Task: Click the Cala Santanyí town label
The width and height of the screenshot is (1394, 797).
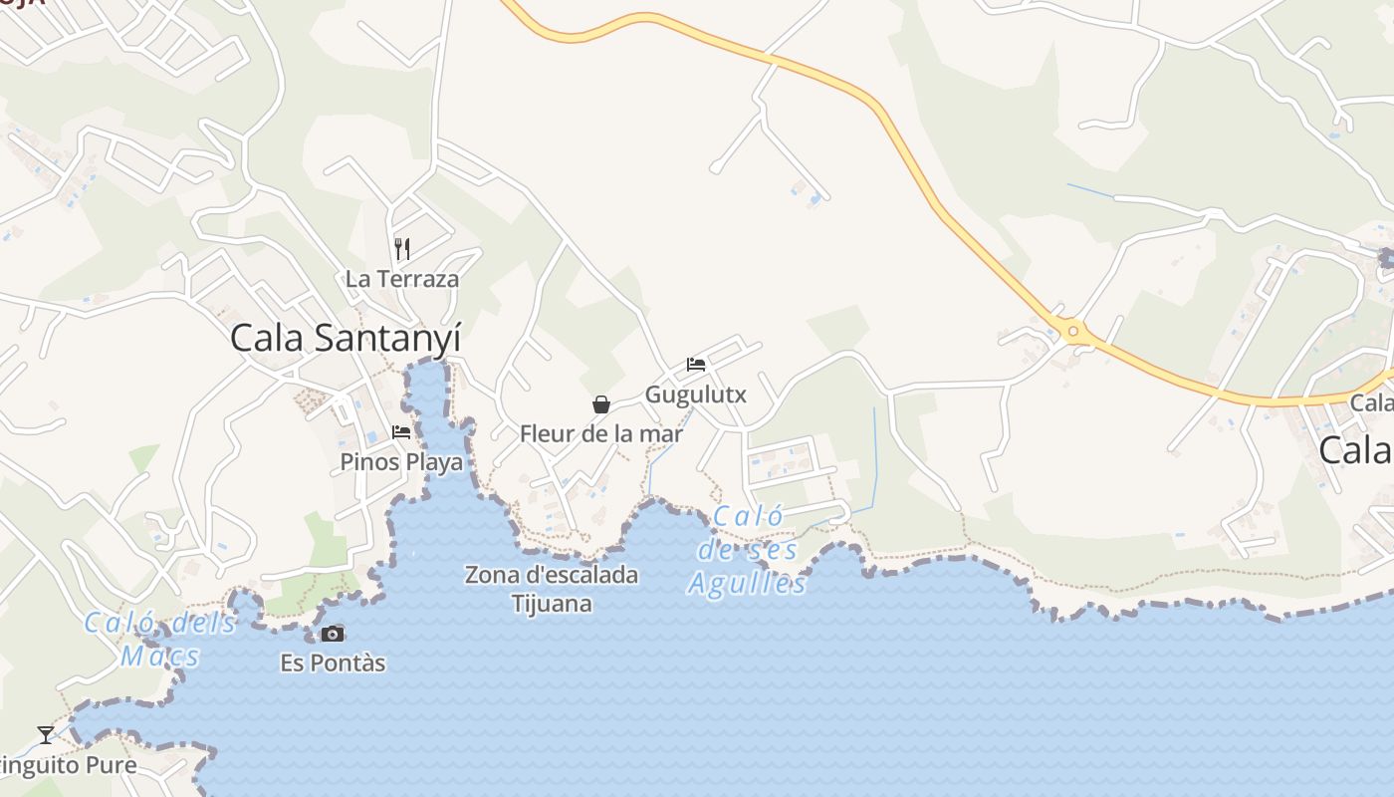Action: (x=346, y=338)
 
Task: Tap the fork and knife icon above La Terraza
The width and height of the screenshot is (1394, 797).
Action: (x=402, y=248)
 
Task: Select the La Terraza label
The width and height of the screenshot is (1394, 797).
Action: (x=402, y=279)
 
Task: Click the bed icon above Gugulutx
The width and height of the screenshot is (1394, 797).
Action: (x=696, y=365)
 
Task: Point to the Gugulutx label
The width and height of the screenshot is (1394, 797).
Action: (x=696, y=395)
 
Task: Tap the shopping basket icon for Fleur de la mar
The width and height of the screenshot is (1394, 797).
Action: (x=601, y=403)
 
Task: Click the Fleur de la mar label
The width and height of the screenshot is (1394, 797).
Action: (x=601, y=434)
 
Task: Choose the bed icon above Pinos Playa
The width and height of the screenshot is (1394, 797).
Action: (x=401, y=432)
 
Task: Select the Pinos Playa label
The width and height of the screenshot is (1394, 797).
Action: (x=401, y=462)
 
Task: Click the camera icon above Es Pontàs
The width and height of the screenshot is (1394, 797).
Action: (x=333, y=634)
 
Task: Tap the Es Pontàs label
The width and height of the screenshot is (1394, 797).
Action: (x=333, y=664)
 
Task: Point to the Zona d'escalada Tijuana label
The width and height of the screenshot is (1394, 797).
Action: (x=552, y=589)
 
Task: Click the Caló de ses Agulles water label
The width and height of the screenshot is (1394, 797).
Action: (x=747, y=550)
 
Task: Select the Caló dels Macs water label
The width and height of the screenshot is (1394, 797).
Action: (x=160, y=640)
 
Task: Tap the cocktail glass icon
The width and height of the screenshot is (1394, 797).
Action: (x=46, y=735)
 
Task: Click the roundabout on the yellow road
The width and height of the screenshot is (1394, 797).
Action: (x=1073, y=331)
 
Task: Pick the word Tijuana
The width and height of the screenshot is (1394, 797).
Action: (x=552, y=604)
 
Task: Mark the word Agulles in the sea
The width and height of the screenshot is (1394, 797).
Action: (x=747, y=583)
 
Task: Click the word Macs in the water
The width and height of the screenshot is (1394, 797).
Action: (x=160, y=657)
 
